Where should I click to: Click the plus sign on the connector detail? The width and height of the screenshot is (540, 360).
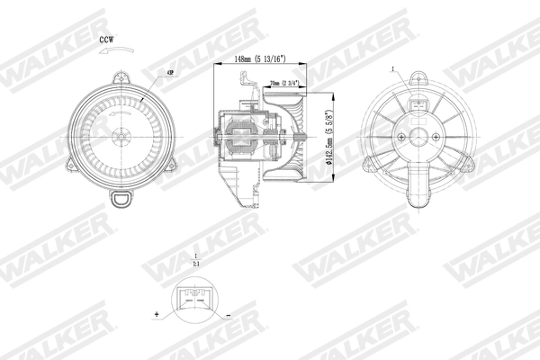click(x=157, y=315)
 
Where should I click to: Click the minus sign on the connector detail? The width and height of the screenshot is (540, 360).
click(x=228, y=315)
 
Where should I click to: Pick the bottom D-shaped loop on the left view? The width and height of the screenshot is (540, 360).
click(x=120, y=198)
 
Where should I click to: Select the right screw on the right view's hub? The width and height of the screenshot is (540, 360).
click(x=436, y=136)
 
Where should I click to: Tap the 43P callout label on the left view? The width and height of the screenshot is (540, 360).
click(x=170, y=72)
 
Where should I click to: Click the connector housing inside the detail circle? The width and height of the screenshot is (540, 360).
click(x=193, y=298)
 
